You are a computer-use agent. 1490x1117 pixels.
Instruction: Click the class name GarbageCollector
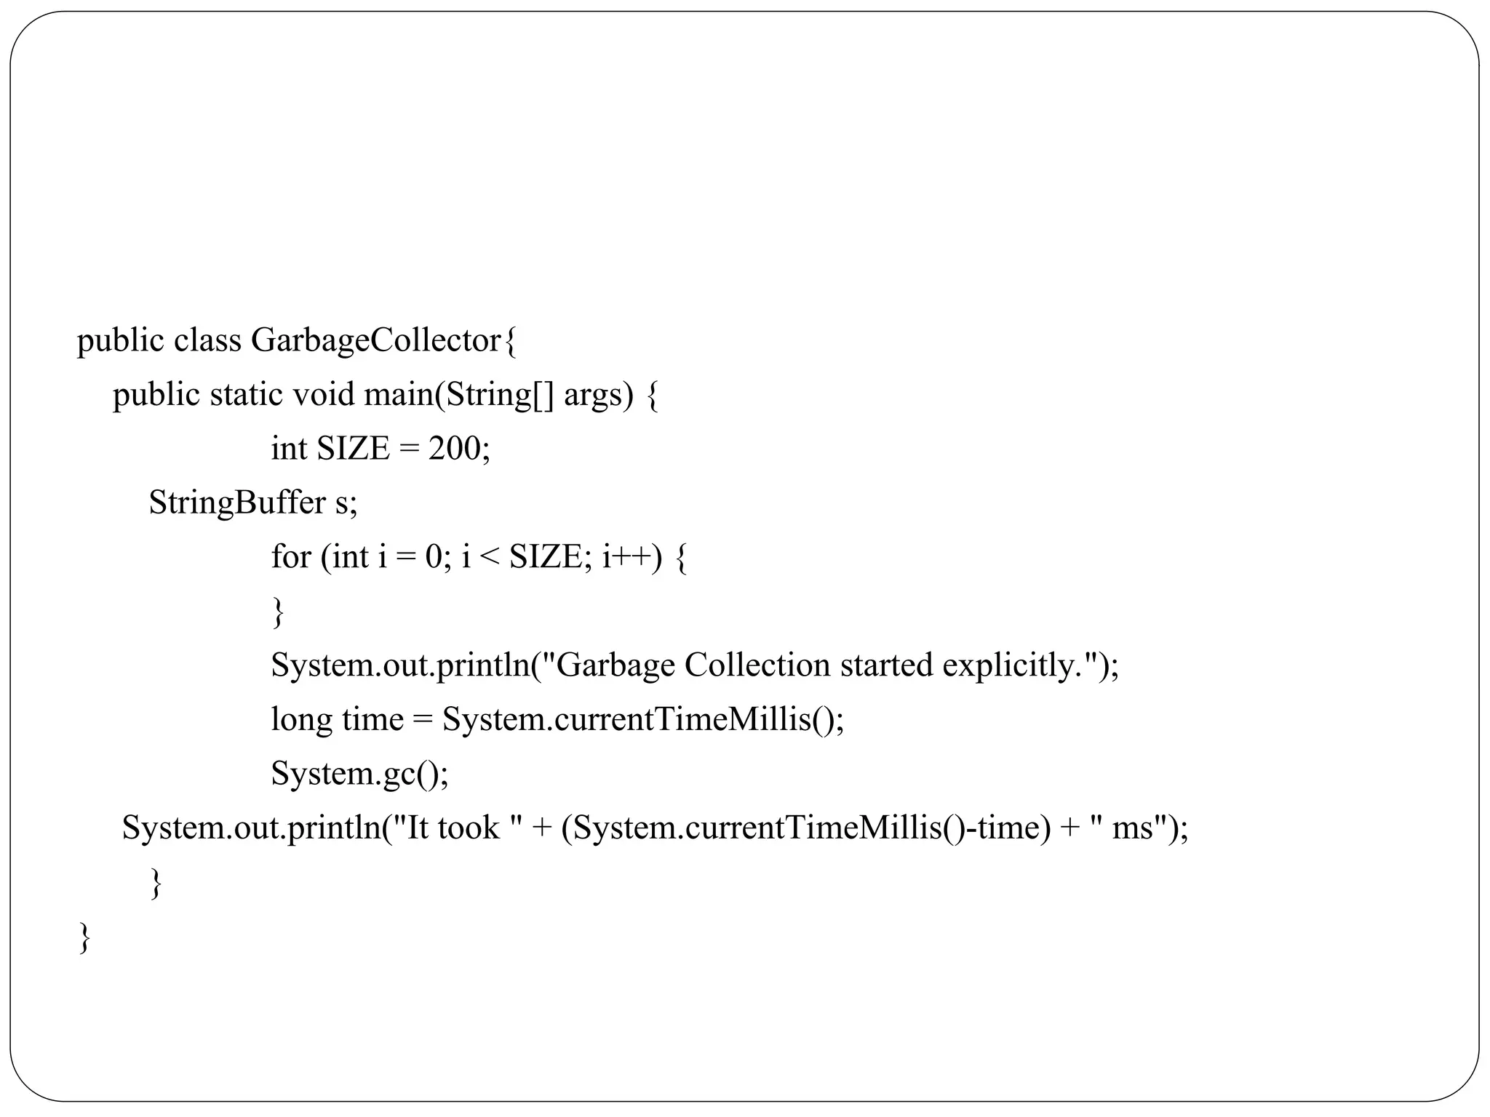[376, 340]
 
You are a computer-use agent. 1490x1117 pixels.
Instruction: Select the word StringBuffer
[237, 503]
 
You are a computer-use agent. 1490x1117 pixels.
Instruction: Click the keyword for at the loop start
[291, 557]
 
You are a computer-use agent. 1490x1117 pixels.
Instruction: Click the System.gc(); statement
[359, 773]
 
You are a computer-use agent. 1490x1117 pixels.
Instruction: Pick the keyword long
[301, 720]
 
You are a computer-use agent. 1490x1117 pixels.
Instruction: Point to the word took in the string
[468, 828]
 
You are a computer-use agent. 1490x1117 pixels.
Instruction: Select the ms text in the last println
[1133, 828]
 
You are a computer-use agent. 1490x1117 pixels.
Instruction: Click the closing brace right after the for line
[277, 612]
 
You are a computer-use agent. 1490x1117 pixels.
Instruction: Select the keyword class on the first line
[207, 340]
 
